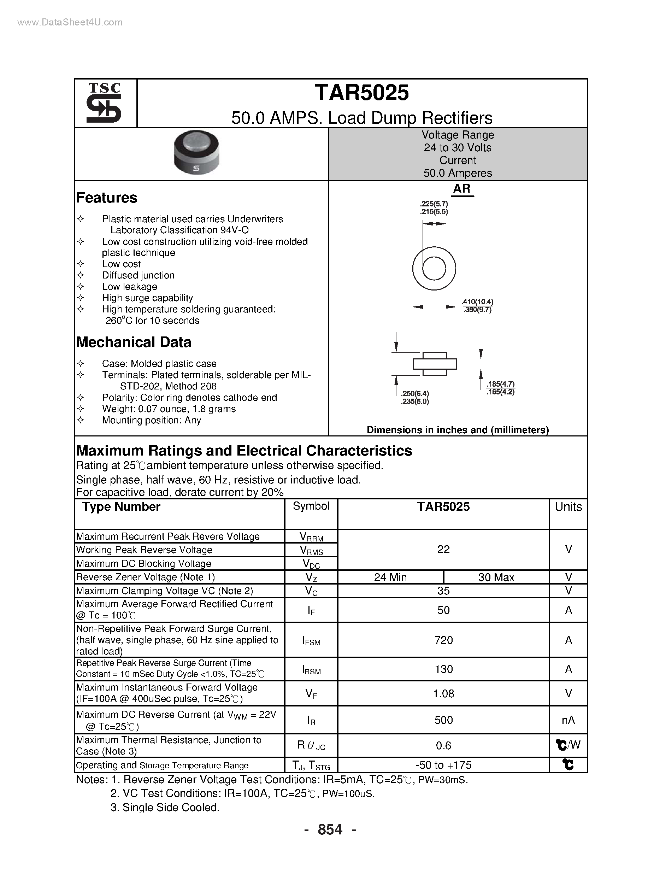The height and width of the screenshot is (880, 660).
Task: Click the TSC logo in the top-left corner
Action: tap(104, 102)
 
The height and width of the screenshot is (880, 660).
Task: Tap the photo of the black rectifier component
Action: tap(196, 153)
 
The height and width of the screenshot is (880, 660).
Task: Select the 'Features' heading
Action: tap(107, 198)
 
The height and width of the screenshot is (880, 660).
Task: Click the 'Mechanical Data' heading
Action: tap(134, 342)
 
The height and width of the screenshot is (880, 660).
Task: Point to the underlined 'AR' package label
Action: tap(461, 189)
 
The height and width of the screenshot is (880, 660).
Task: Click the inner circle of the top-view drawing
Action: tap(434, 269)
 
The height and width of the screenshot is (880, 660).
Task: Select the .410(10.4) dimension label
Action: tap(477, 302)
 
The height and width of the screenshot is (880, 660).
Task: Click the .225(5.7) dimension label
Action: tap(434, 204)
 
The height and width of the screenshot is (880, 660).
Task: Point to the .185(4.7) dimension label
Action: tap(500, 384)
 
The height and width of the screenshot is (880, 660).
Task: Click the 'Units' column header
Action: tap(568, 506)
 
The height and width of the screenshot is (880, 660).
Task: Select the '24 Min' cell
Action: tap(390, 577)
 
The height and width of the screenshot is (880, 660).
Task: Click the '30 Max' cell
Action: tap(496, 577)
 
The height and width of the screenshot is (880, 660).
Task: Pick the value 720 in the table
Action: tap(443, 640)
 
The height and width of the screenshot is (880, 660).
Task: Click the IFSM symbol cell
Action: tap(311, 640)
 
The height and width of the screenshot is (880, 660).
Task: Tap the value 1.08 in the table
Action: tap(443, 693)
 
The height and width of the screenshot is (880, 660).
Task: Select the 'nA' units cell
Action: tap(568, 720)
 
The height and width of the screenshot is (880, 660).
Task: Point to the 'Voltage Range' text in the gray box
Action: tap(458, 135)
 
